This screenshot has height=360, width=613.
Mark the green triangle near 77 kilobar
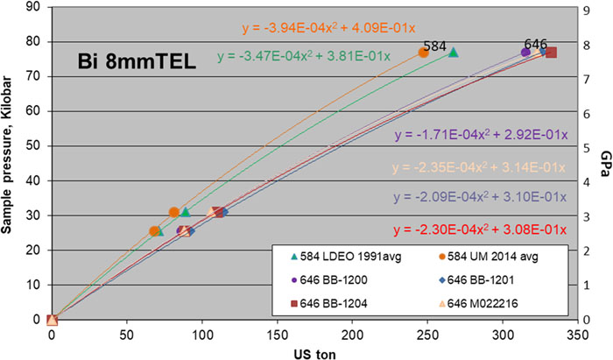pyautogui.click(x=453, y=53)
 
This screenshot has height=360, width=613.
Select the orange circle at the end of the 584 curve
pyautogui.click(x=424, y=53)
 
